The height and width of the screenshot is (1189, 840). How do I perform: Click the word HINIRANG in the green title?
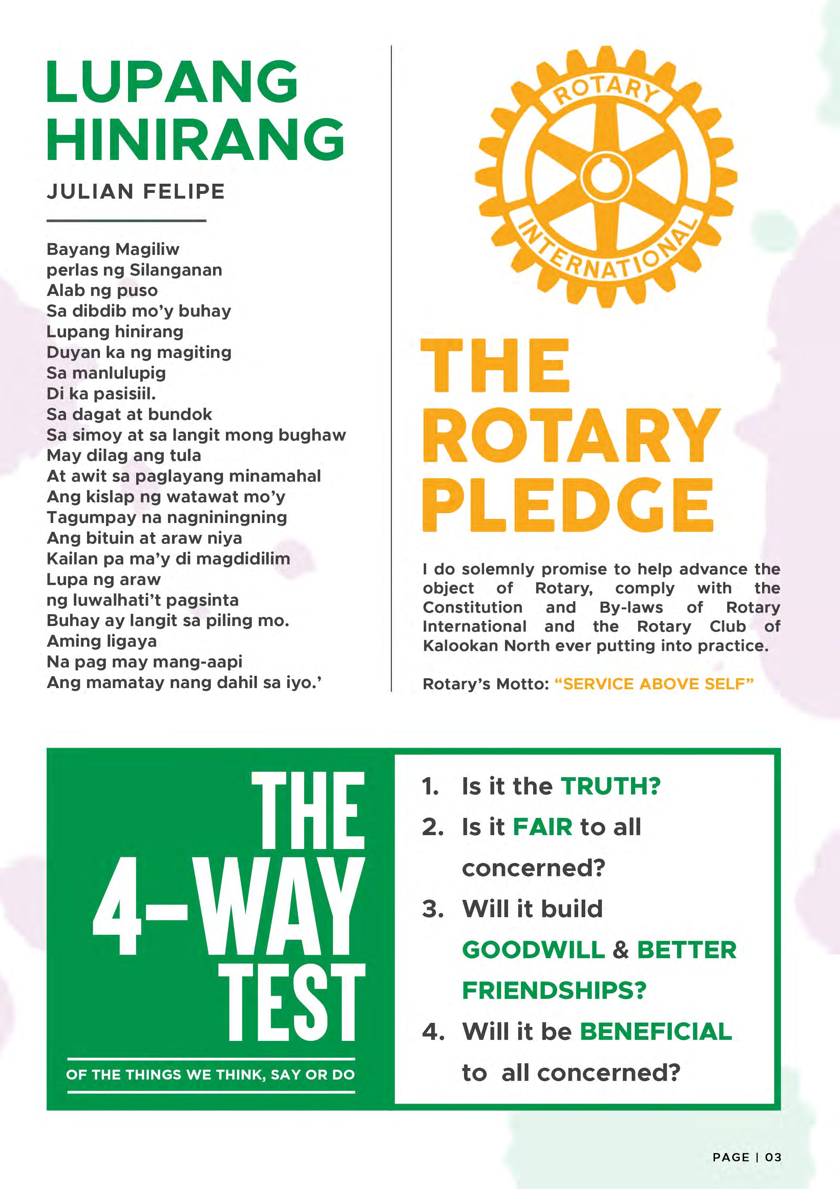click(x=196, y=138)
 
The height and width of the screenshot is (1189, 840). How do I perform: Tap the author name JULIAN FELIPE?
click(x=135, y=192)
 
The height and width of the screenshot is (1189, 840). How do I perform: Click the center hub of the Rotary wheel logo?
click(x=606, y=176)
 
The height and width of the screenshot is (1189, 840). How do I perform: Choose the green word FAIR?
click(x=542, y=827)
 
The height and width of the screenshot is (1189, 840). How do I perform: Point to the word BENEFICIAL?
click(x=656, y=1032)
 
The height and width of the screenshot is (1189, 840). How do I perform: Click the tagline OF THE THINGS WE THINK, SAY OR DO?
click(x=211, y=1075)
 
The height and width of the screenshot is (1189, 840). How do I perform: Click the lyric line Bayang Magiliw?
click(x=113, y=249)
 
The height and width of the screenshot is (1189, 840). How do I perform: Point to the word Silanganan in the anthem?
click(x=175, y=270)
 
